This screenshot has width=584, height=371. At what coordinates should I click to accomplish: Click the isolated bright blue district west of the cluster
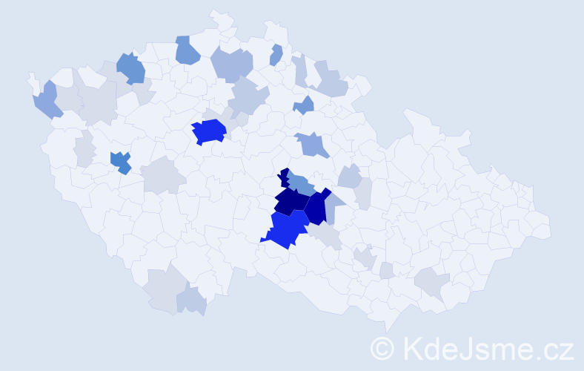point(208,132)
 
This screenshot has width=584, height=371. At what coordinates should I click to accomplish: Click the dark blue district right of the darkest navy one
point(316,208)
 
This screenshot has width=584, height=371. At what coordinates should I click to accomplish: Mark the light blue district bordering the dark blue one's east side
point(332,204)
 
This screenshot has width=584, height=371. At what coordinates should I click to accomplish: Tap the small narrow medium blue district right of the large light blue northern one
point(276,55)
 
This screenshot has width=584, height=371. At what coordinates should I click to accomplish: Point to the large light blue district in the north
point(232,64)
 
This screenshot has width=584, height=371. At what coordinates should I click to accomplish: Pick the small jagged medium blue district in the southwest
point(120,162)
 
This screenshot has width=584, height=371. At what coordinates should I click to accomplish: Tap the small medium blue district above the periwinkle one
point(304,106)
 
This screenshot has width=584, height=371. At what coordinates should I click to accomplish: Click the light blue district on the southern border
point(191,300)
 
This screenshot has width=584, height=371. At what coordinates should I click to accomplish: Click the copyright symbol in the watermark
point(382,348)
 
